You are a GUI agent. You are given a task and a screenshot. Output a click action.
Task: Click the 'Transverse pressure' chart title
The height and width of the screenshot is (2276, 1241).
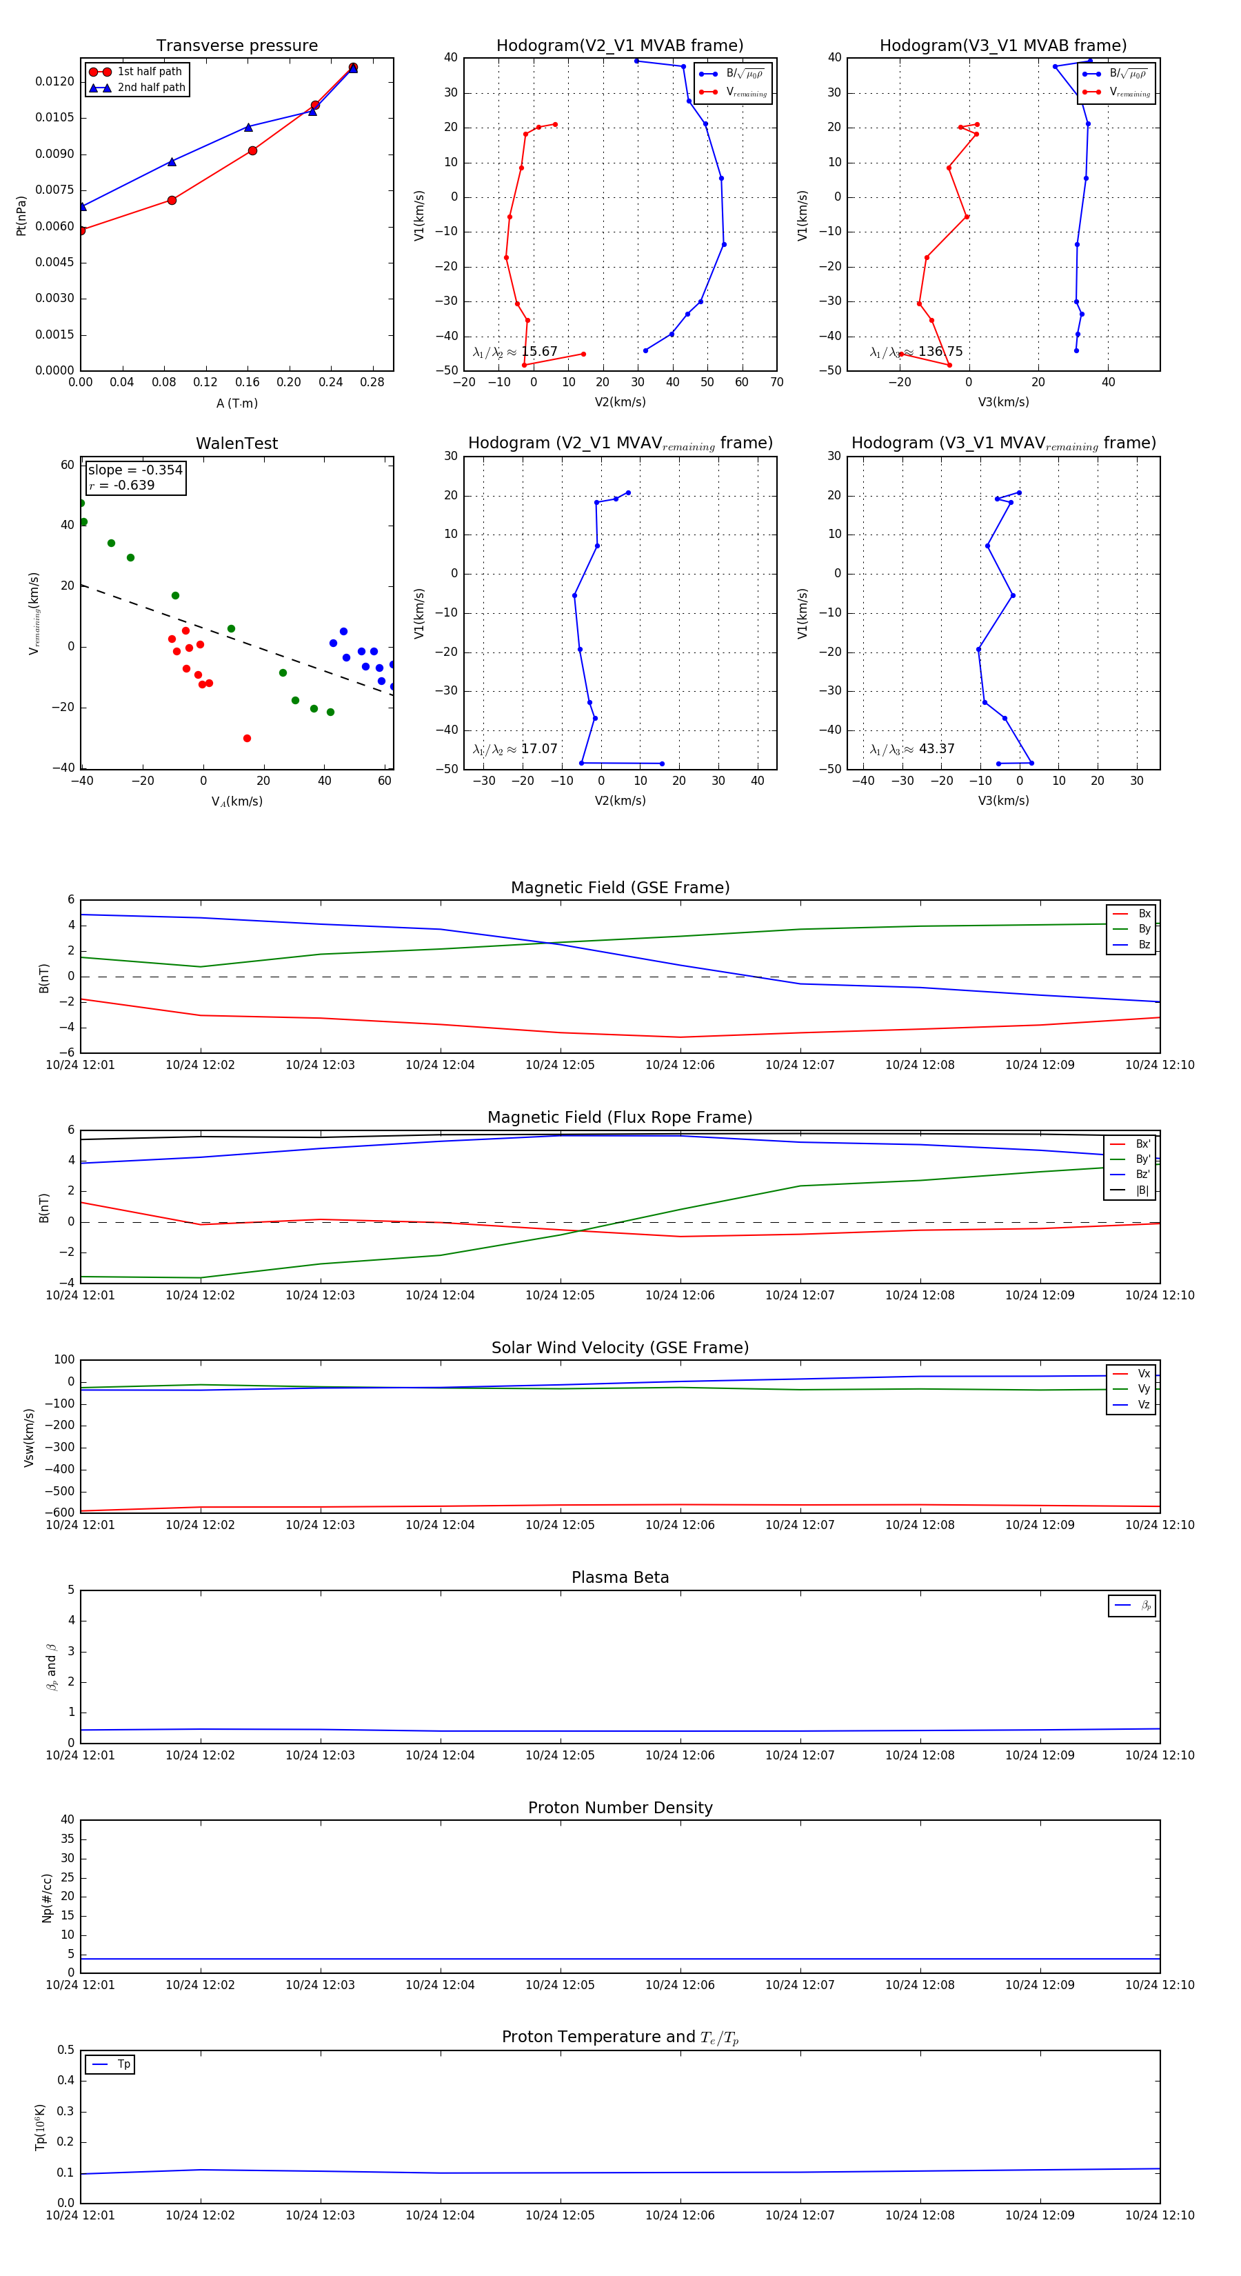pyautogui.click(x=236, y=46)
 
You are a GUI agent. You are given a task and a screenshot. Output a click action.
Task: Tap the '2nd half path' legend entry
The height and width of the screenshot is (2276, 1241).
pyautogui.click(x=151, y=88)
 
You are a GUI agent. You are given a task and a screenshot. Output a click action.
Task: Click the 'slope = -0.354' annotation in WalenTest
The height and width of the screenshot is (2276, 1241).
pyautogui.click(x=135, y=470)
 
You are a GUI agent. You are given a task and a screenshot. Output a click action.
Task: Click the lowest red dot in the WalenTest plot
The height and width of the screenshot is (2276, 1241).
pyautogui.click(x=246, y=738)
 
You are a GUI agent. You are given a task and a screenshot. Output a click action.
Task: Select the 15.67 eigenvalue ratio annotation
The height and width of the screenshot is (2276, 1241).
pyautogui.click(x=538, y=352)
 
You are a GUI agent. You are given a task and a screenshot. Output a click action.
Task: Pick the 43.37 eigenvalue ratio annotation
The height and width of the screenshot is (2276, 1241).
pyautogui.click(x=936, y=749)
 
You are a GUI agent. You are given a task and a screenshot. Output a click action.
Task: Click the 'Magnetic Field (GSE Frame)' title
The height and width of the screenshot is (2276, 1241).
pyautogui.click(x=620, y=888)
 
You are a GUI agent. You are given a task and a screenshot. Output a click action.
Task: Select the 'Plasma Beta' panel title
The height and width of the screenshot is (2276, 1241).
pyautogui.click(x=620, y=1578)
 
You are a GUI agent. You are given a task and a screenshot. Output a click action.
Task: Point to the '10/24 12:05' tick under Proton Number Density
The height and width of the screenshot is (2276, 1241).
pyautogui.click(x=560, y=1986)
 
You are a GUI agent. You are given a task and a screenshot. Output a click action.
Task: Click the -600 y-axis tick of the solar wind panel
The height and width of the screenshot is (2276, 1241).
pyautogui.click(x=63, y=1513)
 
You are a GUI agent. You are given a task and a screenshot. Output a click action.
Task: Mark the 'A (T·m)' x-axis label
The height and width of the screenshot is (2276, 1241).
pyautogui.click(x=236, y=403)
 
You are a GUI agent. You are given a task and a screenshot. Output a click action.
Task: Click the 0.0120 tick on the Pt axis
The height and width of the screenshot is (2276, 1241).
pyautogui.click(x=54, y=81)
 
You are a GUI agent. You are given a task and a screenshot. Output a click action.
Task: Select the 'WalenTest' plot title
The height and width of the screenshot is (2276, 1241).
pyautogui.click(x=236, y=443)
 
